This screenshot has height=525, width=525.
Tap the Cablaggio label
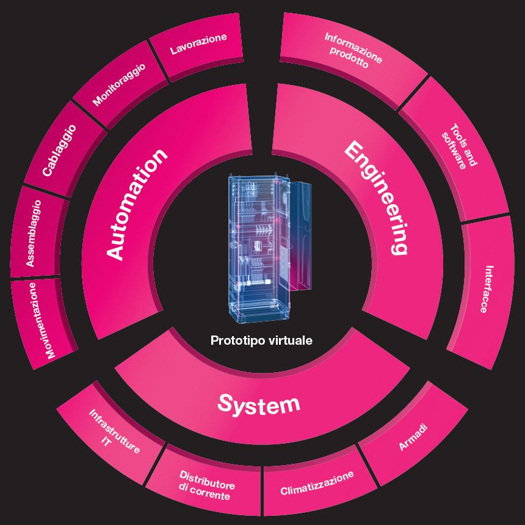[x=59, y=150]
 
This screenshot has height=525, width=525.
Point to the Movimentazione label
[x=42, y=320]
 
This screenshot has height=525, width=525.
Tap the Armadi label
[x=413, y=438]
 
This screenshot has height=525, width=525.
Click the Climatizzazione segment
[x=317, y=483]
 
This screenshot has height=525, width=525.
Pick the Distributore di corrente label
[x=206, y=485]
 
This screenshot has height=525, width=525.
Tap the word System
[x=259, y=403]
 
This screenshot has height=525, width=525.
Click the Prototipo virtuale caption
[x=261, y=341]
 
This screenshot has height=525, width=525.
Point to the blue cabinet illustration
[x=253, y=251]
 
